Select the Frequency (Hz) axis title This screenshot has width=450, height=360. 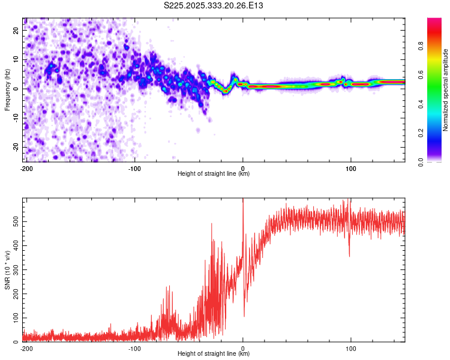(8, 89)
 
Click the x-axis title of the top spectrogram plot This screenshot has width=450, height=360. (214, 173)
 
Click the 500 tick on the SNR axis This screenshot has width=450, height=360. (15, 221)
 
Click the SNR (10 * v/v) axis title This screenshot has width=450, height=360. (8, 269)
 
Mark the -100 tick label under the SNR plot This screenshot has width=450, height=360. (134, 347)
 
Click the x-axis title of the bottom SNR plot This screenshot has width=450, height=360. (214, 353)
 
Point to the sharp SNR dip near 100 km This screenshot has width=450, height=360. (349, 254)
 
